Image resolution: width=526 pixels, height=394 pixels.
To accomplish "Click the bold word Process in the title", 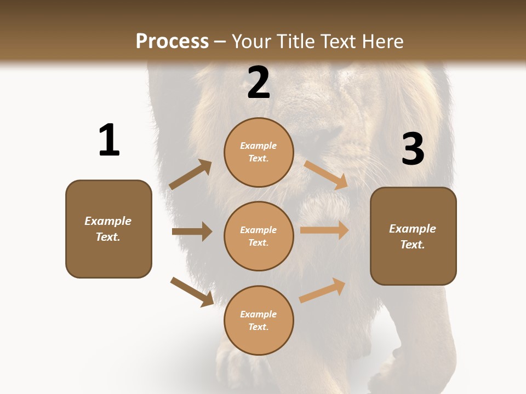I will pyautogui.click(x=172, y=42).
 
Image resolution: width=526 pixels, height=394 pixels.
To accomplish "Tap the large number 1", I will pyautogui.click(x=109, y=140).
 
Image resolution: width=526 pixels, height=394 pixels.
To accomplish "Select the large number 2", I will pyautogui.click(x=259, y=83).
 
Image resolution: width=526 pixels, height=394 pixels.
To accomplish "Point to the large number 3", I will pyautogui.click(x=413, y=149).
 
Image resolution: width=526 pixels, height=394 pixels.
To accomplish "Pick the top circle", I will pyautogui.click(x=259, y=152).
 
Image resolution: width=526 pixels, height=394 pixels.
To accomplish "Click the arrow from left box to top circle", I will pyautogui.click(x=191, y=175).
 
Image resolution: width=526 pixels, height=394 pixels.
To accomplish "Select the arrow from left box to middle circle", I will pyautogui.click(x=192, y=231).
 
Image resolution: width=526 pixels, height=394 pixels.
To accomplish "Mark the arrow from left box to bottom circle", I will pyautogui.click(x=192, y=292).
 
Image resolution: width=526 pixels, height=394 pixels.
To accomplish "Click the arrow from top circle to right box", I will pyautogui.click(x=325, y=175).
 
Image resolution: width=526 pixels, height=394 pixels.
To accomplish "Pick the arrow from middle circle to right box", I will pyautogui.click(x=324, y=230).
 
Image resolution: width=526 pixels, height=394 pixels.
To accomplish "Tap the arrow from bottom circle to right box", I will pyautogui.click(x=323, y=290).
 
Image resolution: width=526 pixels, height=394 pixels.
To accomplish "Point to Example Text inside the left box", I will pyautogui.click(x=108, y=229).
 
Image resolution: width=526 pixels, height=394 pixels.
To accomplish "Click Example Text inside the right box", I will pyautogui.click(x=413, y=236).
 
